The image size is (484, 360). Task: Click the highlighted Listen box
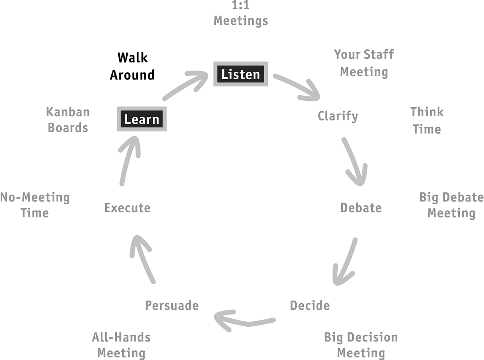(x=240, y=74)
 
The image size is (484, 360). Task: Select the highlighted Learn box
(x=142, y=119)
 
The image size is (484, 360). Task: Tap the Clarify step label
(x=338, y=116)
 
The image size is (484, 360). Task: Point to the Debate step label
(x=361, y=208)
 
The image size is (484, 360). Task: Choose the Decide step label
(x=310, y=305)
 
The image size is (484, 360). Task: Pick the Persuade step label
(x=172, y=305)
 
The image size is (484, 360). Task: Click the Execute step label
(x=127, y=208)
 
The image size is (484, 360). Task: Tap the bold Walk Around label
(x=132, y=66)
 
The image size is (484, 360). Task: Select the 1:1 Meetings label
(x=241, y=14)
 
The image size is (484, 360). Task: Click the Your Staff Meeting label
(x=364, y=63)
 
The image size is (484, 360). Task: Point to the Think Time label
(x=427, y=121)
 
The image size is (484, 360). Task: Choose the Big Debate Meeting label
(x=451, y=205)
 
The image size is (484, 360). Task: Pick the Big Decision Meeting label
(x=361, y=345)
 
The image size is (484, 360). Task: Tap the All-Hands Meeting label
(x=121, y=345)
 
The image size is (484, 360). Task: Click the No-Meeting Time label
(x=35, y=205)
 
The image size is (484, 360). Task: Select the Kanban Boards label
(x=68, y=120)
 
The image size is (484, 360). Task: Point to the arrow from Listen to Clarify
(x=297, y=87)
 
